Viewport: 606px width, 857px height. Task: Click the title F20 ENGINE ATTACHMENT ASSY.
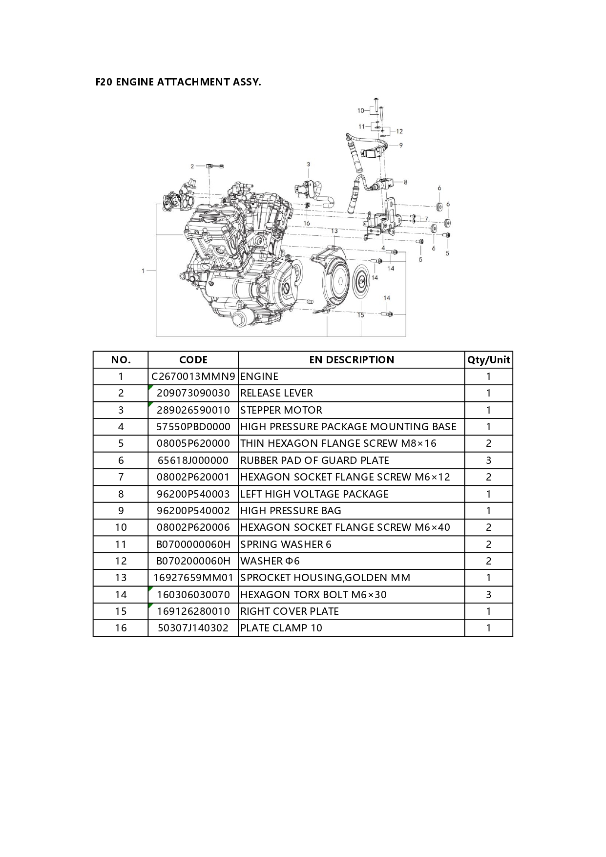(178, 82)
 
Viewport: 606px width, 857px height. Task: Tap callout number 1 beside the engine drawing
(143, 271)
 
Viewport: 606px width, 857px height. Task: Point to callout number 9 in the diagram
(401, 145)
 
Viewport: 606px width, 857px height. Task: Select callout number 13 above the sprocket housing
(334, 231)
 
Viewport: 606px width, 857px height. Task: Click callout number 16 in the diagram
(307, 223)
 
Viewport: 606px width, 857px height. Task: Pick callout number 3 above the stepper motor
(308, 165)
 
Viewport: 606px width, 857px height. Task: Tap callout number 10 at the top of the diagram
(361, 111)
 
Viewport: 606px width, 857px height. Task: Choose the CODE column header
(193, 360)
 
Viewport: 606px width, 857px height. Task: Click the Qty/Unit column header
(489, 360)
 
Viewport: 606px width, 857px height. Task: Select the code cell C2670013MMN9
(193, 376)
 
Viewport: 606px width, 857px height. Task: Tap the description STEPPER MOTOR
(281, 410)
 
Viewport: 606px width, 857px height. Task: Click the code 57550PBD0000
(193, 427)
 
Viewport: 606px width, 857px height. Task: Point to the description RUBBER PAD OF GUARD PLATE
(315, 460)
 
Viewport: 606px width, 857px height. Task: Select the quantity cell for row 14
(489, 595)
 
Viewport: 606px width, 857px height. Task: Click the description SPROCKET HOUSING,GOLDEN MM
(325, 578)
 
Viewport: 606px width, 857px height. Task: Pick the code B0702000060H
(193, 561)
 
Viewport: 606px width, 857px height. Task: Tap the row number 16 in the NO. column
(121, 628)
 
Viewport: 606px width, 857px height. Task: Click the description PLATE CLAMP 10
(281, 628)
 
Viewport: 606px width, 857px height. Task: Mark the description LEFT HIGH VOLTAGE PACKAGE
(314, 494)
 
